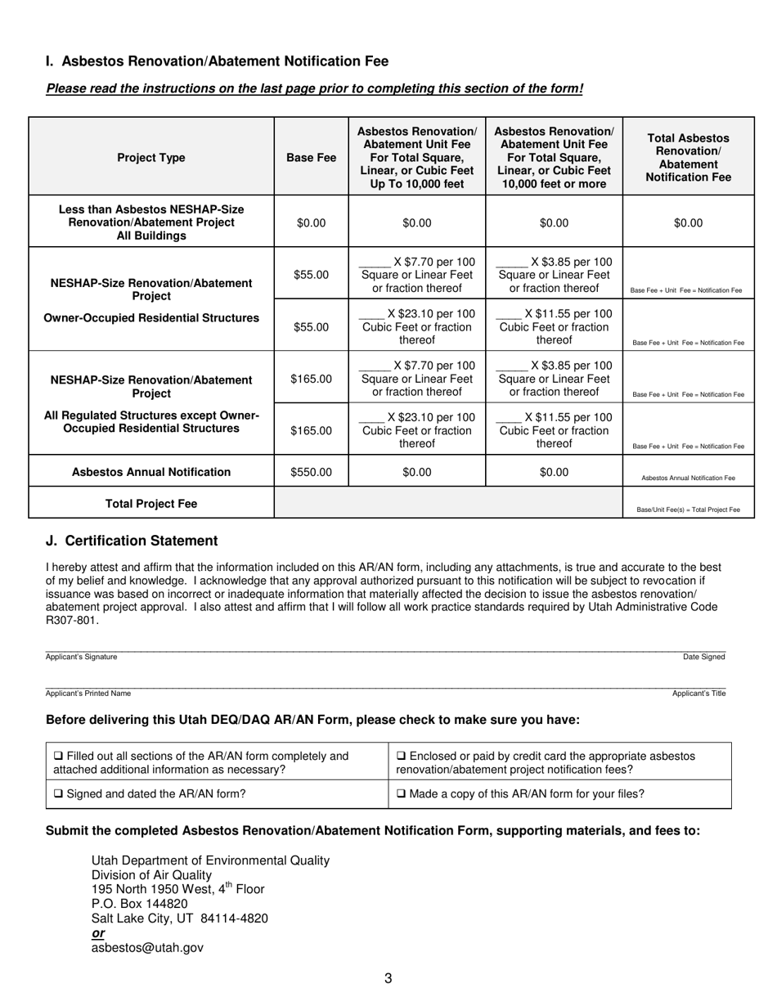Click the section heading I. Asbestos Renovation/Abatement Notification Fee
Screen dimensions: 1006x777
(217, 61)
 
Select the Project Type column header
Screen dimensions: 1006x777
(151, 157)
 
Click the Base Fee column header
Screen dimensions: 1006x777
(311, 157)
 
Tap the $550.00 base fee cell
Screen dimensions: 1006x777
(311, 472)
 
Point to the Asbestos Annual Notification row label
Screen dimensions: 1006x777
(151, 472)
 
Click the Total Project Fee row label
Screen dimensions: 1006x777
(151, 504)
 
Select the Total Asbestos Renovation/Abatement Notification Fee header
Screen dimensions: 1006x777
(688, 157)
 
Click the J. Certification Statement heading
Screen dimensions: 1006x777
(132, 541)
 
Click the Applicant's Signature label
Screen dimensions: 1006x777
(81, 657)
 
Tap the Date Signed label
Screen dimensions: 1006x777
(704, 657)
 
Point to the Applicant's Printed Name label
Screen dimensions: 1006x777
(88, 694)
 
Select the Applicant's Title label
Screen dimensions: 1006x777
(698, 694)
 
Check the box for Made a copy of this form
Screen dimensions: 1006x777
(401, 793)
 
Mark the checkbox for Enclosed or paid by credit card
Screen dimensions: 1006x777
(401, 757)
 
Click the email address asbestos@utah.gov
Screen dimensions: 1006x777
(147, 948)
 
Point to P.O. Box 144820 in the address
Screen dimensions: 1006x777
(139, 904)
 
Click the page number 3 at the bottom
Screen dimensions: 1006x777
(388, 978)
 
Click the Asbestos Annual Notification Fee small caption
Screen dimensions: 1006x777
(688, 478)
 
